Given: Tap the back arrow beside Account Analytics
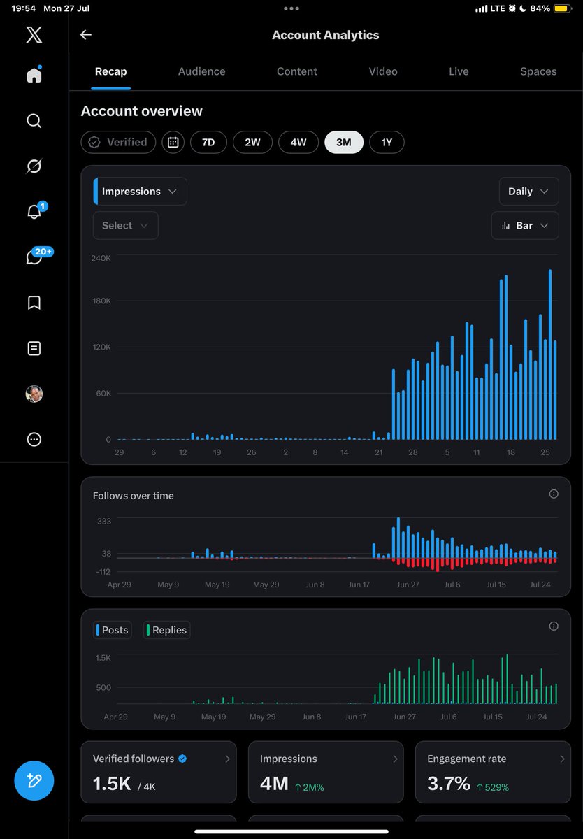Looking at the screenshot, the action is pyautogui.click(x=86, y=35).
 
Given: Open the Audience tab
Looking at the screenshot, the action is pyautogui.click(x=201, y=71).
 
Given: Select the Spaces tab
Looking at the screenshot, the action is pyautogui.click(x=538, y=71).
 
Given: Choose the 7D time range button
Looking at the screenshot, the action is pyautogui.click(x=208, y=143).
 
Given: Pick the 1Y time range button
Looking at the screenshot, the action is pyautogui.click(x=387, y=143).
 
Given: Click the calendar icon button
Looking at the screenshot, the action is pyautogui.click(x=173, y=143).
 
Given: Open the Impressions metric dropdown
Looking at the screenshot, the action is pyautogui.click(x=140, y=192).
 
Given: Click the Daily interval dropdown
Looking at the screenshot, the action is pyautogui.click(x=528, y=192).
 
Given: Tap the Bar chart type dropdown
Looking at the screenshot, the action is pyautogui.click(x=525, y=225).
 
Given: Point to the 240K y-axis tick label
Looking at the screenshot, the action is pyautogui.click(x=101, y=258).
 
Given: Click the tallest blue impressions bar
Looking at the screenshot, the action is pyautogui.click(x=550, y=354).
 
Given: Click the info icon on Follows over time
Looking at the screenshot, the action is pyautogui.click(x=554, y=494).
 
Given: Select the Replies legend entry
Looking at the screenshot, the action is pyautogui.click(x=166, y=630).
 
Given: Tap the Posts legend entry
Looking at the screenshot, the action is pyautogui.click(x=113, y=630).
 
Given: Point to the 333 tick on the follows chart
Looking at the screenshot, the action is pyautogui.click(x=104, y=521).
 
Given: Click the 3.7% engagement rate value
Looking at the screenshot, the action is pyautogui.click(x=449, y=783).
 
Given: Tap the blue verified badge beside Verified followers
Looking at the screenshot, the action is pyautogui.click(x=182, y=759).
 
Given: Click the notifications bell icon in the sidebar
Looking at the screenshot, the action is pyautogui.click(x=34, y=212).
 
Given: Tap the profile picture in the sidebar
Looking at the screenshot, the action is pyautogui.click(x=34, y=394).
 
